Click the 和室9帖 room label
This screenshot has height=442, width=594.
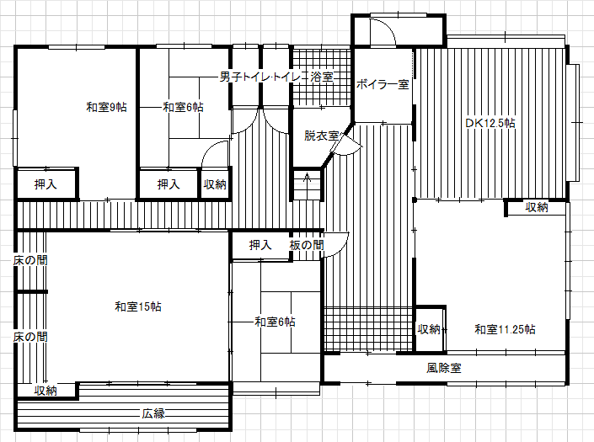click(106, 107)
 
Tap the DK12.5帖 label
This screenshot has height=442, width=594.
click(490, 123)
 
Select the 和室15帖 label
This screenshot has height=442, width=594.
click(138, 306)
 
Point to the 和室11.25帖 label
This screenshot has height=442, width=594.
click(505, 329)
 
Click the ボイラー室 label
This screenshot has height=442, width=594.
click(383, 84)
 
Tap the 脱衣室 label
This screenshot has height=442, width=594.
click(321, 136)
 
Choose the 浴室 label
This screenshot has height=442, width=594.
click(322, 77)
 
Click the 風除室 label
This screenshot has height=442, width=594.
click(444, 368)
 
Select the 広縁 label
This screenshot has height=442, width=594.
click(153, 413)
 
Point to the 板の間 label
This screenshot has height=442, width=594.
click(307, 245)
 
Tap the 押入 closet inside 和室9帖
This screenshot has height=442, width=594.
click(45, 184)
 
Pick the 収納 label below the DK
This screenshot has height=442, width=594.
click(537, 207)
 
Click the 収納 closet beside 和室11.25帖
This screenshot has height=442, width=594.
click(429, 329)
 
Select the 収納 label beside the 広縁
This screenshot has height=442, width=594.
click(45, 391)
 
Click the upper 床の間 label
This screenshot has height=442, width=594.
click(30, 260)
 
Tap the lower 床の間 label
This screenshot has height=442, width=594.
click(30, 337)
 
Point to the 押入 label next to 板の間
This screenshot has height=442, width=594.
click(260, 245)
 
